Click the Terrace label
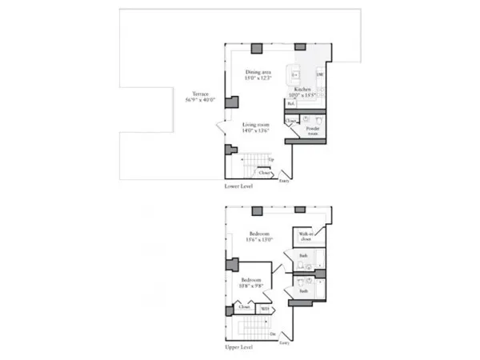(190, 97)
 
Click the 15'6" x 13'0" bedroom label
(260, 237)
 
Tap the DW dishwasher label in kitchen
(320, 75)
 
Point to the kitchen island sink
(294, 75)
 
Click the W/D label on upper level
(265, 308)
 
